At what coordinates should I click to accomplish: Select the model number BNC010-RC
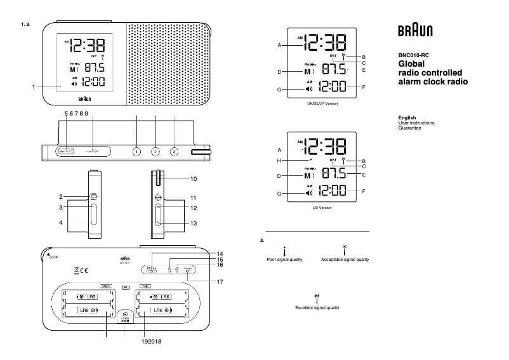coord(413,55)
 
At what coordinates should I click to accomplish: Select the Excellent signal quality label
coord(317,307)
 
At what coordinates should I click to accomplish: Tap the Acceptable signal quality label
coord(345,260)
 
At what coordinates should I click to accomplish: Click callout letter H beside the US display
coord(279,161)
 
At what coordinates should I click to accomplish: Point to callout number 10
coord(194,179)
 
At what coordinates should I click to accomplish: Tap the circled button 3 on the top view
coord(174,152)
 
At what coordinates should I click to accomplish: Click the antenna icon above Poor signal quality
coord(285,250)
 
